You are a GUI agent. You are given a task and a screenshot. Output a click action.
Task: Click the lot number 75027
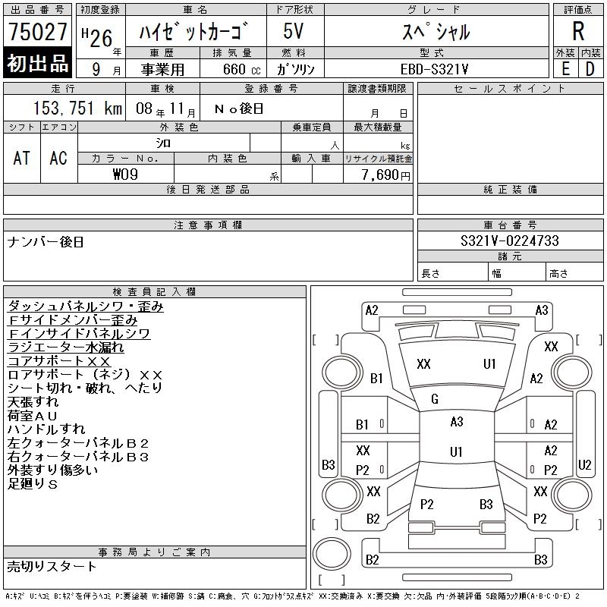(37, 31)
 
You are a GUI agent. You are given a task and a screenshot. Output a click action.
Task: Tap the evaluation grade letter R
(578, 31)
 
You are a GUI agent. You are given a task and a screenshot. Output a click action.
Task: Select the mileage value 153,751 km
(77, 108)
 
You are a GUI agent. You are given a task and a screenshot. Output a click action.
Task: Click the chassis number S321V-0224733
(509, 241)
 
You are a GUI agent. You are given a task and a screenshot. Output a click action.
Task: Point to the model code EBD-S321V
(434, 69)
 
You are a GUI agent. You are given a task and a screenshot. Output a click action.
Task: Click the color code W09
(125, 175)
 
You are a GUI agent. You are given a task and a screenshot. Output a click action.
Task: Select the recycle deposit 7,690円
(386, 175)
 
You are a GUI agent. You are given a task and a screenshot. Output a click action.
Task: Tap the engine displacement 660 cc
(241, 69)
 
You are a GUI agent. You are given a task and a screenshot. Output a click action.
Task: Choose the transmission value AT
(21, 158)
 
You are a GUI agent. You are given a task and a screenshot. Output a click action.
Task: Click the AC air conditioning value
(58, 158)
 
